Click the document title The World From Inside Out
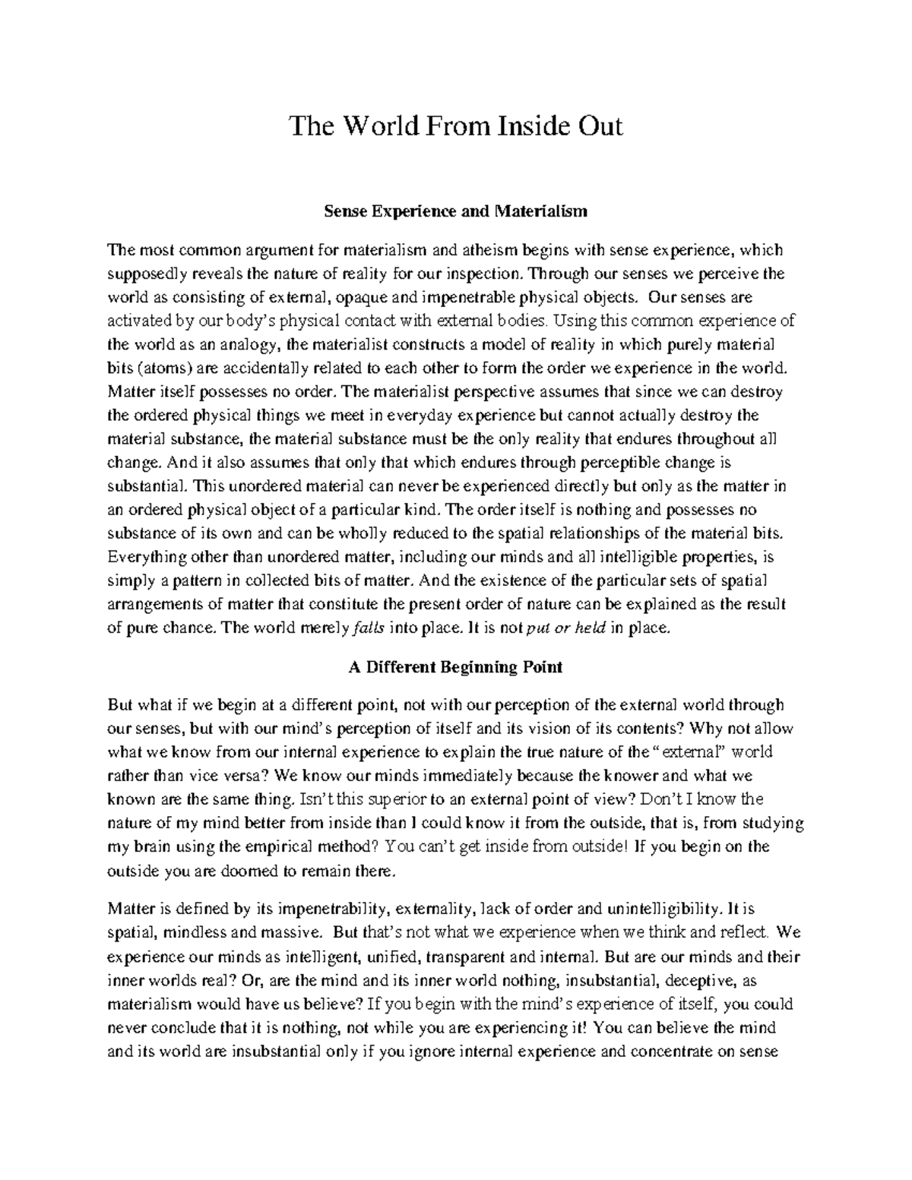[455, 127]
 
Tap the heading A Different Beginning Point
[455, 668]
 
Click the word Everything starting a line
[140, 558]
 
